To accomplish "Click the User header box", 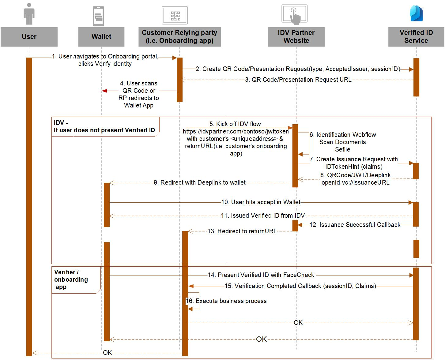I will pos(29,37).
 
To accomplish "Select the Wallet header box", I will pos(101,37).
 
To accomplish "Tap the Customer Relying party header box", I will pos(179,37).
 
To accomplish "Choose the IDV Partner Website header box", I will pos(296,37).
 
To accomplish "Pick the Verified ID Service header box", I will pos(416,37).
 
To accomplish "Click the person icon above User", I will pos(29,14).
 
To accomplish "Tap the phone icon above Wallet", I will pos(98,16).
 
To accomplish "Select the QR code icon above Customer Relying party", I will pos(175,16).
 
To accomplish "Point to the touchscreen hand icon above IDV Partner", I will pos(295,15).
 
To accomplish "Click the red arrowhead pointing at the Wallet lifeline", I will pos(104,91).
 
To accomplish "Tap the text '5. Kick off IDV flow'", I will pos(235,124).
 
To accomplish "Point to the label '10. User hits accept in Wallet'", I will pos(261,202).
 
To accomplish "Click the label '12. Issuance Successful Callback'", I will pos(355,225).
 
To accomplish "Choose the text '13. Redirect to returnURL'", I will pos(242,231).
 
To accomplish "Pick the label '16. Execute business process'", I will pos(226,301).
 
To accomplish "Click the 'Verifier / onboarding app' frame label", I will pos(71,279).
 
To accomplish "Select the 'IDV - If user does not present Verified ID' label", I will pos(104,126).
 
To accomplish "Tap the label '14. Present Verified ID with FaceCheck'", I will pos(261,275).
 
